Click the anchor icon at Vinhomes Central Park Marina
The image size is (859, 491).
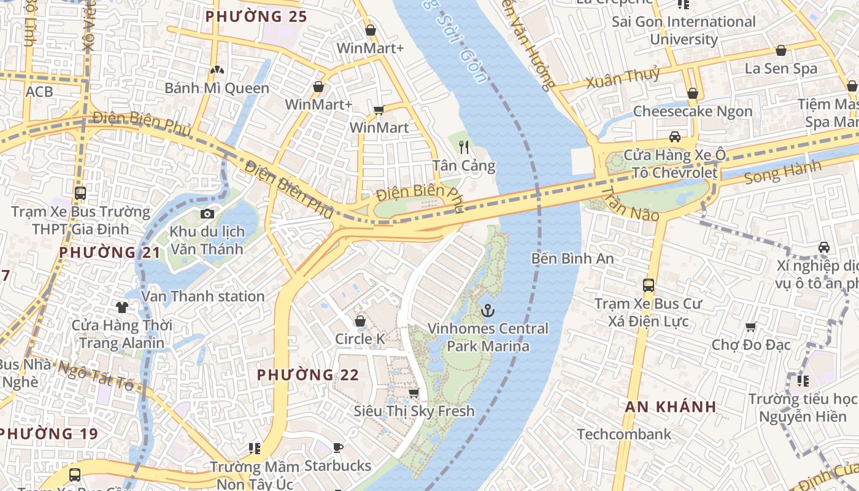tap(488, 311)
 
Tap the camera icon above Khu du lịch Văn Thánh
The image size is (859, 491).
tap(207, 214)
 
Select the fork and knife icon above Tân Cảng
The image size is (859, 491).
tap(464, 147)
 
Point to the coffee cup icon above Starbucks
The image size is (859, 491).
tap(337, 448)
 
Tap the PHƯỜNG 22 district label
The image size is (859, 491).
tap(307, 374)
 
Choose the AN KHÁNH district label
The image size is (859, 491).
tap(671, 406)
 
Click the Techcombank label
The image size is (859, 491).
tap(624, 435)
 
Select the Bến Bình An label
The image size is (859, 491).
tap(572, 258)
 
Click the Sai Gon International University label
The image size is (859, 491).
tap(684, 31)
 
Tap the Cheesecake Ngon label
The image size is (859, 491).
tap(692, 111)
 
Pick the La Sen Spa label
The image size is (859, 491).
tap(780, 68)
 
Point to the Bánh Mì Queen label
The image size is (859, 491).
tap(217, 88)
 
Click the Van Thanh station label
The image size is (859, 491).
tap(203, 296)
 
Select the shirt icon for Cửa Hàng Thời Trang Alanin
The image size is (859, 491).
tap(121, 307)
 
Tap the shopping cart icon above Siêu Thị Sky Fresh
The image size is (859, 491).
tap(414, 393)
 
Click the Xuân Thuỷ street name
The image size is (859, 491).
tap(622, 78)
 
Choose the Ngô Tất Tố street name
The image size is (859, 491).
tap(95, 375)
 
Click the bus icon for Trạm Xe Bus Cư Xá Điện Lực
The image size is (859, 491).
tap(648, 285)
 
